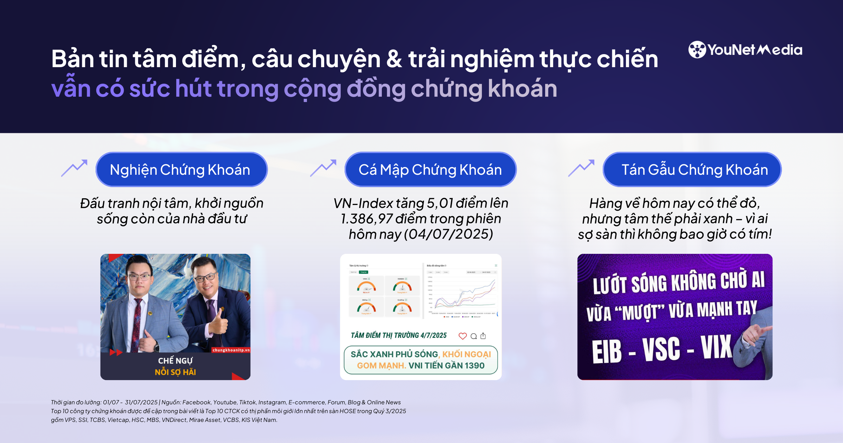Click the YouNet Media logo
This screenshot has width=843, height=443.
745,50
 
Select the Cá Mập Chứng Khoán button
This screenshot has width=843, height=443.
430,169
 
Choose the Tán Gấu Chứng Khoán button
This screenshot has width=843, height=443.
692,169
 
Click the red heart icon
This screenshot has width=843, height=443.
463,336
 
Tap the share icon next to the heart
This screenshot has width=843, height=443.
483,336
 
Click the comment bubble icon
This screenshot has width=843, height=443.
473,336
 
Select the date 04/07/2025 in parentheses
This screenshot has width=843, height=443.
449,234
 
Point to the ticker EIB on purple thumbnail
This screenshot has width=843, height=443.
607,351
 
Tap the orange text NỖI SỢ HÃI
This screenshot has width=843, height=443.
175,372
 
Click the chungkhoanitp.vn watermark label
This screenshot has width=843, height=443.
231,350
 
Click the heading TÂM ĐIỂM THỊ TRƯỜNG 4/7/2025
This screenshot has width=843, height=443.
399,335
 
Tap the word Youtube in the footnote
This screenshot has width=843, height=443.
225,402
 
